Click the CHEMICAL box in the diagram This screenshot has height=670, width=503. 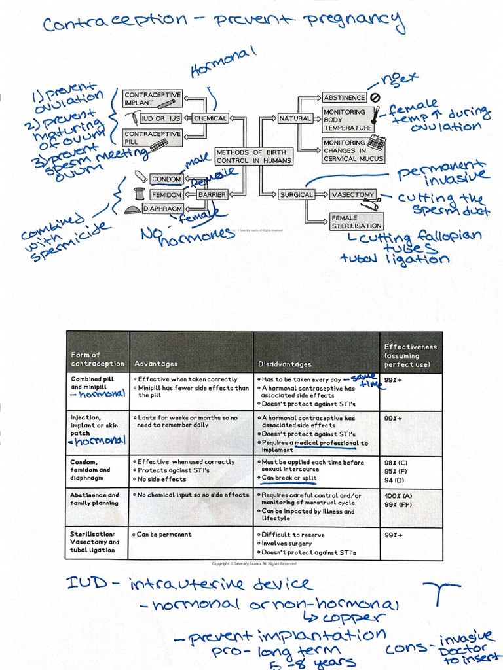210,118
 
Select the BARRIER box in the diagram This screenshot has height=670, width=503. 212,194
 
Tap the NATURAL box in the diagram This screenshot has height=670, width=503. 295,118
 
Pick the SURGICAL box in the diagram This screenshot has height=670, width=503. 297,194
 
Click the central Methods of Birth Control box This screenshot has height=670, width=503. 254,156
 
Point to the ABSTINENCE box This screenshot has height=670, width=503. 344,97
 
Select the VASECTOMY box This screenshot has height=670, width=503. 352,194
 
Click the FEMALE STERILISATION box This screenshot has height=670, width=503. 356,221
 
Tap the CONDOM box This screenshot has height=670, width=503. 166,179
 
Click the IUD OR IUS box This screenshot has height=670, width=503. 161,118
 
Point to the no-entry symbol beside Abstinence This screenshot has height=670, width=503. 375,97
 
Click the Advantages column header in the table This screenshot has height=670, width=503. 156,364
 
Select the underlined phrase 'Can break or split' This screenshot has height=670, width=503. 289,478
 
